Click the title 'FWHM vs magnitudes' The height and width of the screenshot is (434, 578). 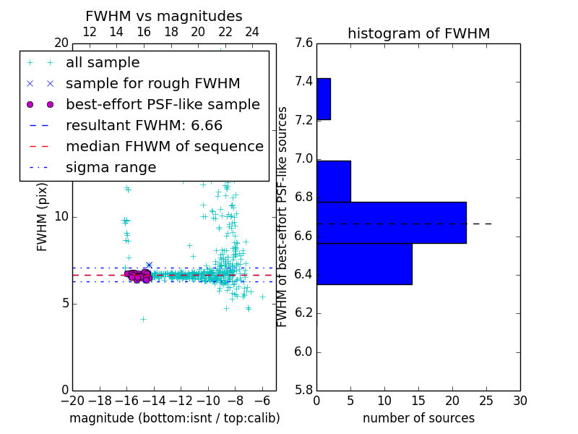click(x=164, y=17)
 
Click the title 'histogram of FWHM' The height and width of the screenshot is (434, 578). click(x=418, y=33)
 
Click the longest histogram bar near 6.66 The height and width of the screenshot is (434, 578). click(x=391, y=223)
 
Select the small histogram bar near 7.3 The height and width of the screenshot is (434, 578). click(x=324, y=99)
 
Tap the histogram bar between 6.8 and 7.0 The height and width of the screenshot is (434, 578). click(x=334, y=181)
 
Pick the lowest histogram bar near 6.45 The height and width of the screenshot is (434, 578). click(x=364, y=264)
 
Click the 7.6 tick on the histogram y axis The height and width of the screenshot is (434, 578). click(x=303, y=43)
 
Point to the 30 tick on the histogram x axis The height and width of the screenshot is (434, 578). click(x=519, y=401)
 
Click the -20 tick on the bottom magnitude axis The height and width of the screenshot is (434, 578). click(x=72, y=401)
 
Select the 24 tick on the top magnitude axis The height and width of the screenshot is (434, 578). click(x=252, y=33)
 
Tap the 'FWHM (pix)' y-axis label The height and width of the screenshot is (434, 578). click(x=43, y=216)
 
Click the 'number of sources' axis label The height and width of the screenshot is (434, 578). click(x=418, y=418)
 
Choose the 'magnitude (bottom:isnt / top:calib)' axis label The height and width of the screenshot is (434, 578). click(x=174, y=418)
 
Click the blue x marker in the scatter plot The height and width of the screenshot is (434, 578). click(x=149, y=265)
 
